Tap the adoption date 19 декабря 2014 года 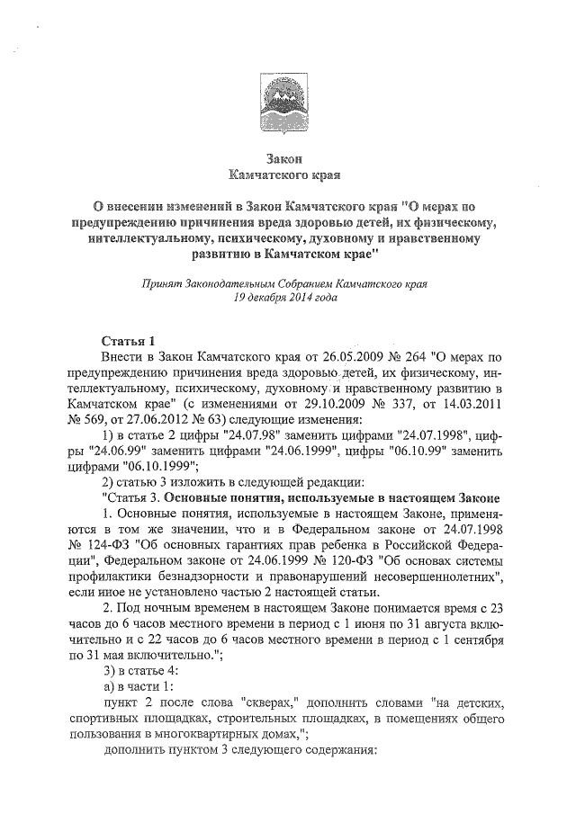(285, 296)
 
